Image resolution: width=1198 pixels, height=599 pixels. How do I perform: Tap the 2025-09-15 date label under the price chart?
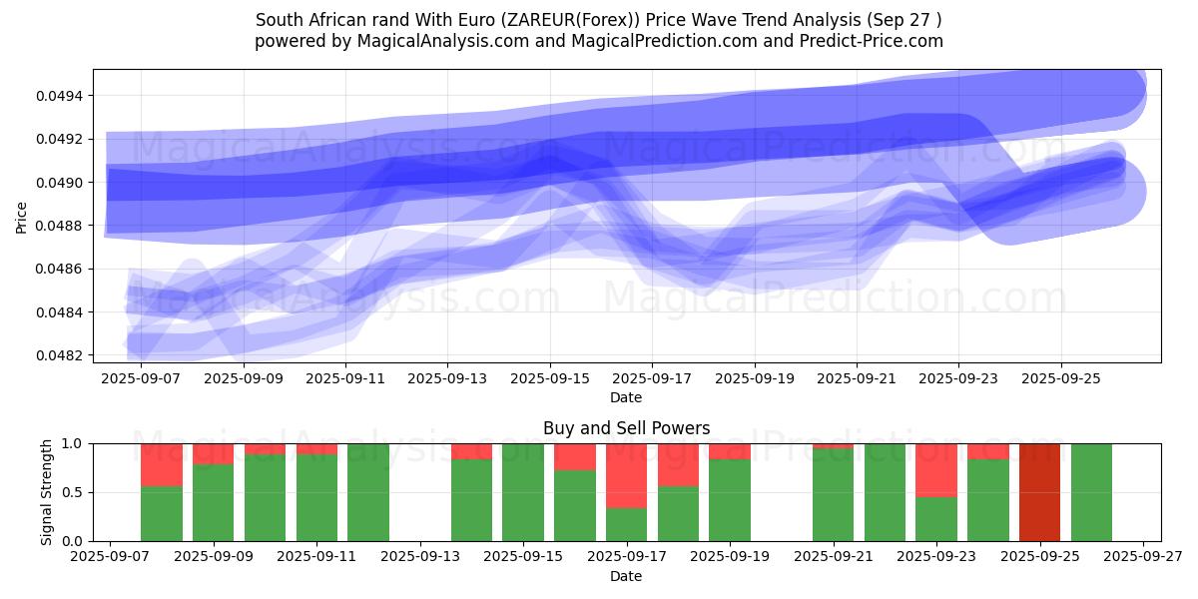tap(549, 379)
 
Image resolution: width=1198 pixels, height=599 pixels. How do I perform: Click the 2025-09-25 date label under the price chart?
tap(1060, 379)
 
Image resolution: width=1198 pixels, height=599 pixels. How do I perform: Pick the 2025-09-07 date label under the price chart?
tap(141, 379)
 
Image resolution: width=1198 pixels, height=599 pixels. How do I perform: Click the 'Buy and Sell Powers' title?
tap(626, 428)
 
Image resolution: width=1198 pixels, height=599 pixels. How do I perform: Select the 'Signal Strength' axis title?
tap(46, 492)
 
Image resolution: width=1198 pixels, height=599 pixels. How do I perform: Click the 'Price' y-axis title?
tap(21, 217)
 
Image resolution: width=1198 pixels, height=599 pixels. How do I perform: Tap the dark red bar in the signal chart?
tap(1039, 492)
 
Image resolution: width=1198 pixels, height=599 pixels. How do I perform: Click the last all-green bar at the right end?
tap(1091, 492)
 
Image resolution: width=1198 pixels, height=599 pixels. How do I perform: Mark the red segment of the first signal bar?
tap(162, 464)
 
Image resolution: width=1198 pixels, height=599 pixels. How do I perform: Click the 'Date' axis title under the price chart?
tap(626, 397)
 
